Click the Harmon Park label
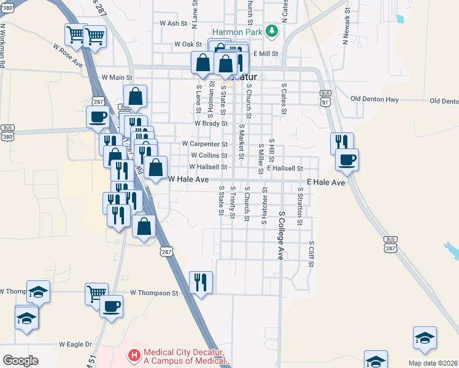tap(237, 31)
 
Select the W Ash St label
tap(172, 23)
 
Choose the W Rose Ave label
tap(67, 55)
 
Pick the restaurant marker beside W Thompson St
tap(201, 283)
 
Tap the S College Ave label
tap(281, 236)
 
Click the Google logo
tap(20, 360)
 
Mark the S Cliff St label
tap(312, 253)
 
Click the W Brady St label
tap(211, 123)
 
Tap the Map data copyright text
tap(433, 363)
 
